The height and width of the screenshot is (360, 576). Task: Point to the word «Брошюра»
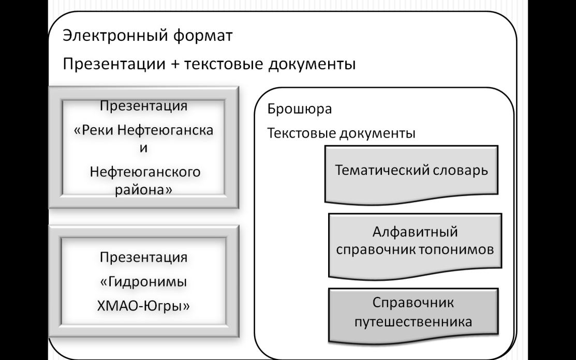click(300, 109)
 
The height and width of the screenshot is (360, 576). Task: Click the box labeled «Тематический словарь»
click(411, 174)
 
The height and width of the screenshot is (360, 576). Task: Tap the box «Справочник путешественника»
click(413, 316)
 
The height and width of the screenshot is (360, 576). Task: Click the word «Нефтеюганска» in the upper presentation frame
click(165, 130)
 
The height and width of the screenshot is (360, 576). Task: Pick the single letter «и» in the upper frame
click(144, 148)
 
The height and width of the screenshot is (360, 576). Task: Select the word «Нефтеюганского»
click(145, 172)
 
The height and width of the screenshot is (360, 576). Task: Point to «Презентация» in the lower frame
click(144, 258)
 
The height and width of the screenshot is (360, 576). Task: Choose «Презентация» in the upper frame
click(144, 106)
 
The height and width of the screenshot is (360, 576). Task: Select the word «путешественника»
click(413, 322)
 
